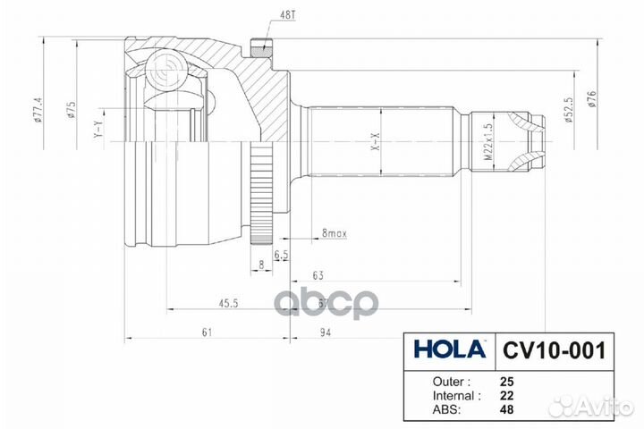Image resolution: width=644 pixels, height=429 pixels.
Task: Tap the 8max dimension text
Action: pyautogui.click(x=335, y=233)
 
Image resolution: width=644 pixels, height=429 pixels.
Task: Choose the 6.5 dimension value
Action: pyautogui.click(x=281, y=255)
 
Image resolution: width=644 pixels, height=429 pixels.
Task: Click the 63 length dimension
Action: pyautogui.click(x=318, y=276)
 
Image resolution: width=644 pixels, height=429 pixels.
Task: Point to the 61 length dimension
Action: pyautogui.click(x=207, y=332)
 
